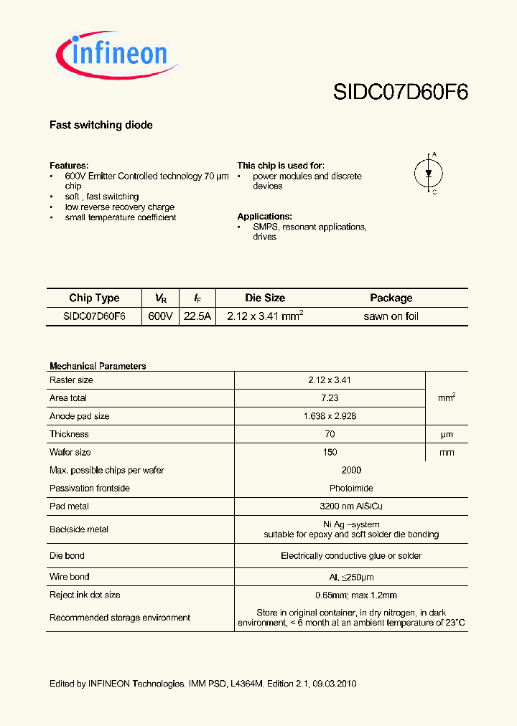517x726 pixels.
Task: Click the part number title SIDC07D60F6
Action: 400,92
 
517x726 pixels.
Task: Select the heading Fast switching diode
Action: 101,125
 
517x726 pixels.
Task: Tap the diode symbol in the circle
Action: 429,173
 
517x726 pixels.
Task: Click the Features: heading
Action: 69,165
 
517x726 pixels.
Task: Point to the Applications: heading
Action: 264,217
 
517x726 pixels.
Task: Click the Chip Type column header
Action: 94,298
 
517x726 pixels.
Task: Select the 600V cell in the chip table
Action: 160,316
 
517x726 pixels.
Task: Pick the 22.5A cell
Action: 197,316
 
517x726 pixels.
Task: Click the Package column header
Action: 391,298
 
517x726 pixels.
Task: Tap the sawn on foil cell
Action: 391,316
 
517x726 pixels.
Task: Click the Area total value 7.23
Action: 330,397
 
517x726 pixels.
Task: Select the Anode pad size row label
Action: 80,416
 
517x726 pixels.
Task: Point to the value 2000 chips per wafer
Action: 351,470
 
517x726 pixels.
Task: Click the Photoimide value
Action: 351,489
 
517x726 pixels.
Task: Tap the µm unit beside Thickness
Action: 446,434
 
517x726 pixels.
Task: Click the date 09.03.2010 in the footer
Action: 335,684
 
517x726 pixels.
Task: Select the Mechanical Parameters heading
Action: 98,366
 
